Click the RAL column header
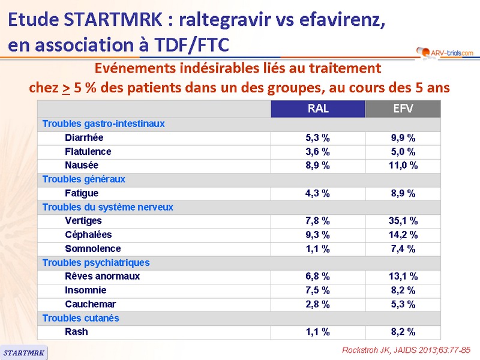coord(318,109)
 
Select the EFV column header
coord(403,109)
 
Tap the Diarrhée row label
coord(84,137)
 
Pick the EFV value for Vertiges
coord(403,221)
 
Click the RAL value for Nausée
coord(318,165)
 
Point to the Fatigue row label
coord(82,193)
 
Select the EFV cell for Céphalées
coord(403,235)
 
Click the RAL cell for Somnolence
coord(318,248)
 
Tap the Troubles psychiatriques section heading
coord(96,262)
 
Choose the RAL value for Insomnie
coord(318,290)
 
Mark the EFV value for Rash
coord(403,332)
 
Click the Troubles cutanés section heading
coord(80,318)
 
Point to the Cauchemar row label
coord(91,304)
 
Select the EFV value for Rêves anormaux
coord(403,277)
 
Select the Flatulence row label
coord(88,151)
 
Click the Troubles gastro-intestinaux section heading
coord(103,124)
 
